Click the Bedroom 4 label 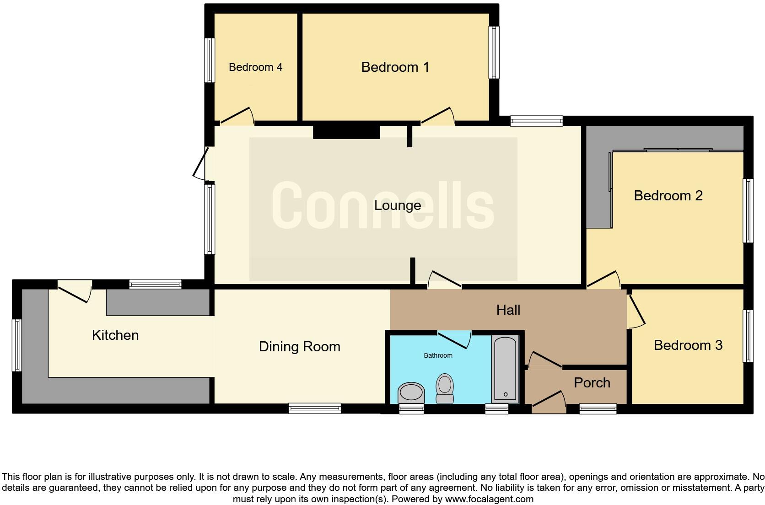tap(255, 67)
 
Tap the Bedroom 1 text tap(395, 67)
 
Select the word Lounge tap(397, 205)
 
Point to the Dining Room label tap(299, 347)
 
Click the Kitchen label tap(115, 335)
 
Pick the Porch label tap(592, 383)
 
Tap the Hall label tap(508, 310)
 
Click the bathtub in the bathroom tap(505, 369)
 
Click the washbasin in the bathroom tap(411, 392)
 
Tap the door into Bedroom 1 tap(437, 116)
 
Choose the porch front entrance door tap(548, 399)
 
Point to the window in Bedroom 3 tap(748, 336)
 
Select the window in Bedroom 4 tap(210, 60)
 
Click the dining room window tap(315, 408)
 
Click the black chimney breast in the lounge tap(346, 132)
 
